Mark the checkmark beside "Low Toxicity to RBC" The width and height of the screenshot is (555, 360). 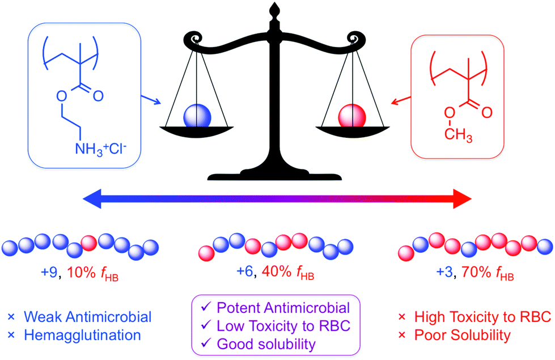(205, 326)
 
